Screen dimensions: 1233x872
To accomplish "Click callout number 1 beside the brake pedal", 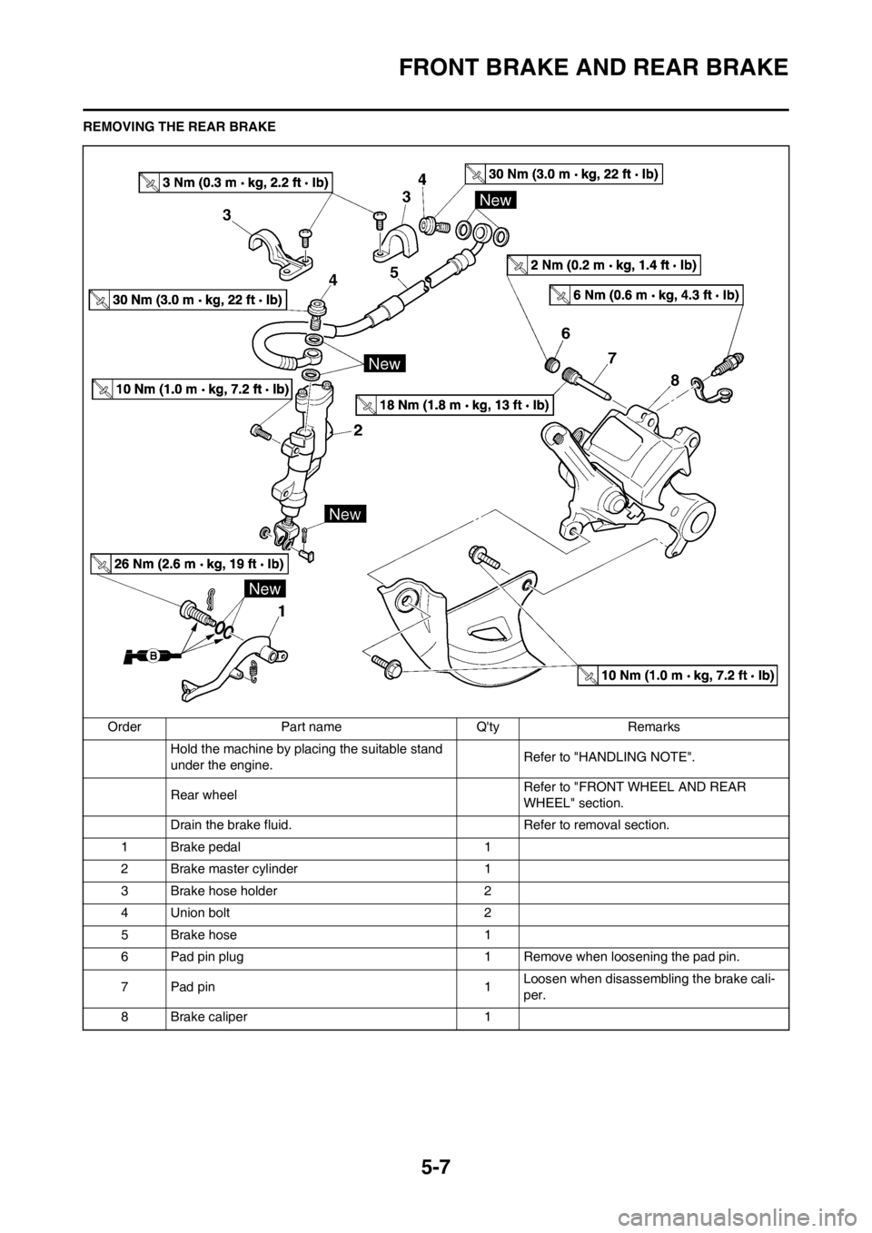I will click(282, 612).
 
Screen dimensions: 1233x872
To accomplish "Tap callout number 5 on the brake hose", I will click(394, 271).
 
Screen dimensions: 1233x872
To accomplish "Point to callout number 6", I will click(565, 334).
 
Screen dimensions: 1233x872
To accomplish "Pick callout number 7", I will click(613, 359).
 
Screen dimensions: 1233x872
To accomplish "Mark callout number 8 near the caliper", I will click(676, 383).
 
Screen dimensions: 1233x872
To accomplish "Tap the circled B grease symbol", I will click(154, 655).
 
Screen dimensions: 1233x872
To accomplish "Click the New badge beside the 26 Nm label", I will click(264, 589).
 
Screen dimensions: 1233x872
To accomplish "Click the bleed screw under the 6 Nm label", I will click(728, 364).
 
